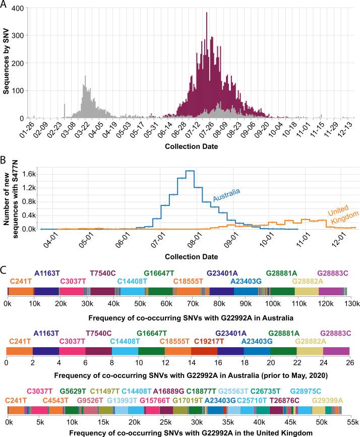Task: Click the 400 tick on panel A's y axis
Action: click(17, 9)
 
